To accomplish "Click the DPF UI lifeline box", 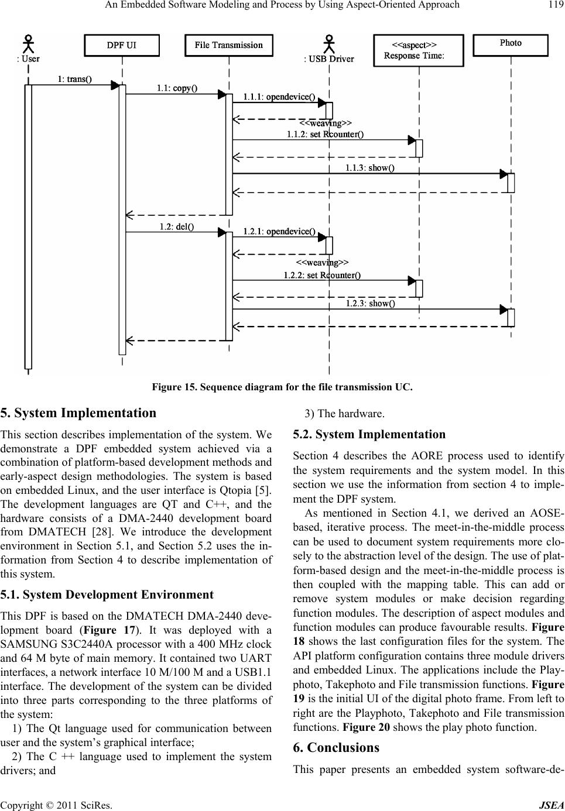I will tap(122, 46).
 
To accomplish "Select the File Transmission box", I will tap(229, 46).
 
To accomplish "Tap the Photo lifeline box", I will tap(511, 44).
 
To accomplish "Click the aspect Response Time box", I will tap(418, 50).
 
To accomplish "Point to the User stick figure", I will tap(29, 44).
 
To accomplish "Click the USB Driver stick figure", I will tap(329, 44).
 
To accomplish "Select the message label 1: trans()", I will tap(74, 79).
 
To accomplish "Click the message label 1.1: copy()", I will tap(176, 88).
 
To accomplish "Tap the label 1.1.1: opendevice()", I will tap(279, 97).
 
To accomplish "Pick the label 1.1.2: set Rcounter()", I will tap(325, 135).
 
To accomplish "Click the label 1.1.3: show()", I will tap(369, 169).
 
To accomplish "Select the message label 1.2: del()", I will tap(177, 227).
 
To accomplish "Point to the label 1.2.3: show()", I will tap(370, 303).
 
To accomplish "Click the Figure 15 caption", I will tap(282, 387).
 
